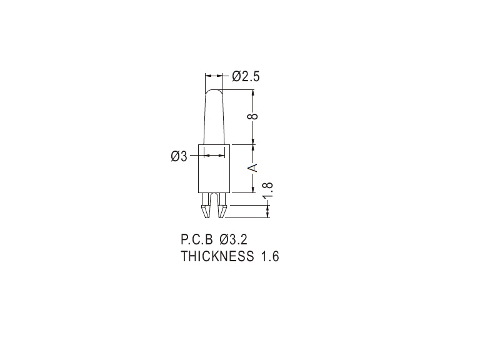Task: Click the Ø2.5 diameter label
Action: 246,76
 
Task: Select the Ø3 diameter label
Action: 179,156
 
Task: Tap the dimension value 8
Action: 253,116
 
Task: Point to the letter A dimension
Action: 253,167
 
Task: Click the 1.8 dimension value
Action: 267,190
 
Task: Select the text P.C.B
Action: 196,239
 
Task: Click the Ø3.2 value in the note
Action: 233,239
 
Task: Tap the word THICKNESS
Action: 217,256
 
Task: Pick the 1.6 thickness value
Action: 270,256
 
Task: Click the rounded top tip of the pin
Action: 214,91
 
